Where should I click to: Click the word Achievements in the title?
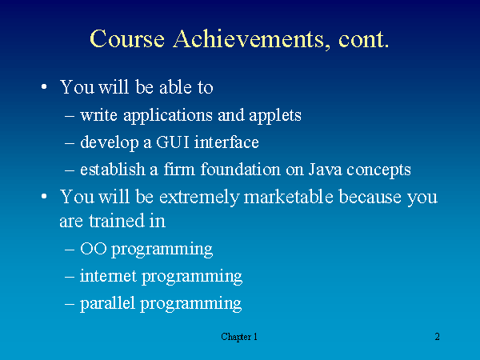click(x=249, y=39)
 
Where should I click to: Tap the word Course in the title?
click(x=127, y=39)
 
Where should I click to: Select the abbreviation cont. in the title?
click(x=363, y=39)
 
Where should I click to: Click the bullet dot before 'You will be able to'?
click(x=44, y=86)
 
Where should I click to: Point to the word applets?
click(x=275, y=116)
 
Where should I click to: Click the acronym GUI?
click(x=172, y=142)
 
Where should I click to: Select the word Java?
click(x=325, y=170)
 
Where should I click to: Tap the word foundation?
click(x=240, y=169)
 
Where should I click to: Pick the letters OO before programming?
click(x=94, y=248)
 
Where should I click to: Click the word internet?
click(x=108, y=275)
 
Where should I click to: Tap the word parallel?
click(x=107, y=303)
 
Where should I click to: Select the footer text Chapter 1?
click(x=239, y=337)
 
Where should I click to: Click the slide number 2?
click(x=437, y=337)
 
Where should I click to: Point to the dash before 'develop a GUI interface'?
click(x=70, y=143)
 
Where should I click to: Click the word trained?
click(x=117, y=221)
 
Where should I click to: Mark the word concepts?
click(x=378, y=170)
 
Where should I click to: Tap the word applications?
click(x=168, y=116)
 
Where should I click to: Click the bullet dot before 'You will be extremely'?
click(x=44, y=196)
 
